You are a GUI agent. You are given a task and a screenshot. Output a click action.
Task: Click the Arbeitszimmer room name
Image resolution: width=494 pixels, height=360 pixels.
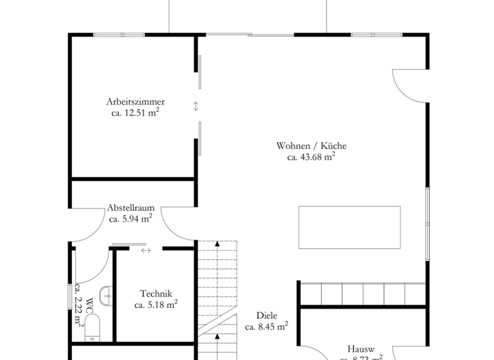135,102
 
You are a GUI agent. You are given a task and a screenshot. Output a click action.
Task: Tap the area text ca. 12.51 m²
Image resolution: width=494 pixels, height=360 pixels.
135,113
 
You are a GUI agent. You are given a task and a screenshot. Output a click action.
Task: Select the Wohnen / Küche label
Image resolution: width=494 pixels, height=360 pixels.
311,145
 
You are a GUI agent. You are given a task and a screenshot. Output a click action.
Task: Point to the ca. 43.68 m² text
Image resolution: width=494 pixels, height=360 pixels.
311,156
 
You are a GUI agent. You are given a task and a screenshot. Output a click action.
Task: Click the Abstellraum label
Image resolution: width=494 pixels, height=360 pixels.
131,208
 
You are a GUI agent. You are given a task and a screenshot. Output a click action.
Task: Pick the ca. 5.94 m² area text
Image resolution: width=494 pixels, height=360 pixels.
131,219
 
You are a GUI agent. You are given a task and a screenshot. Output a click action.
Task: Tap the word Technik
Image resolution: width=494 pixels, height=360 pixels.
156,294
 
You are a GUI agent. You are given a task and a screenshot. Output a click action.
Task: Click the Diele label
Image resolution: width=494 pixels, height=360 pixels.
266,315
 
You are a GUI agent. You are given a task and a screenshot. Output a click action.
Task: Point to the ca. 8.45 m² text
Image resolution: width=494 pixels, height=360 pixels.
266,327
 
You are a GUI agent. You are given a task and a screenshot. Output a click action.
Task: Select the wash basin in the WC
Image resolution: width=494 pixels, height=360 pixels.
107,295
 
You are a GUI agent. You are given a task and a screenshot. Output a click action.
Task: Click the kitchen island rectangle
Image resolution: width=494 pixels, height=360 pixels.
349,228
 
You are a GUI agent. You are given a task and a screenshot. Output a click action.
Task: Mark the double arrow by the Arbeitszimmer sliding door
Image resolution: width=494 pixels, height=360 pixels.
196,106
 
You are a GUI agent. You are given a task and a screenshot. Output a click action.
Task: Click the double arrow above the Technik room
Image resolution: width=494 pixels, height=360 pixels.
146,250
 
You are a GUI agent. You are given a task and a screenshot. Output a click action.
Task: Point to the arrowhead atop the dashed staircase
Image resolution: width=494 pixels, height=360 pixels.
217,244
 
